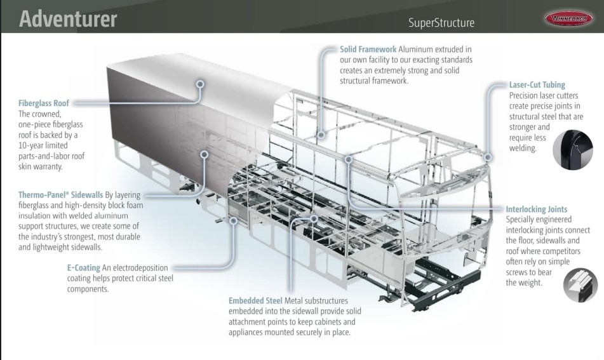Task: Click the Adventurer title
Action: tap(68, 18)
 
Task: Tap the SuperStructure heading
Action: tap(441, 23)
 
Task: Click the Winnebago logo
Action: tap(568, 18)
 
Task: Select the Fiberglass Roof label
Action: tap(44, 103)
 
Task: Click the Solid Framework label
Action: tap(368, 49)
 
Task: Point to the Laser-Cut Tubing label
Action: tap(537, 84)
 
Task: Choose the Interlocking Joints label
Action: tap(537, 209)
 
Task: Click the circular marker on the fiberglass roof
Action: tap(200, 83)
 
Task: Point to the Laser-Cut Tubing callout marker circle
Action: tap(488, 156)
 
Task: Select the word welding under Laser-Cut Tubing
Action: tap(523, 149)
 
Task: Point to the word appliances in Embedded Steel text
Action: tap(250, 331)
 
